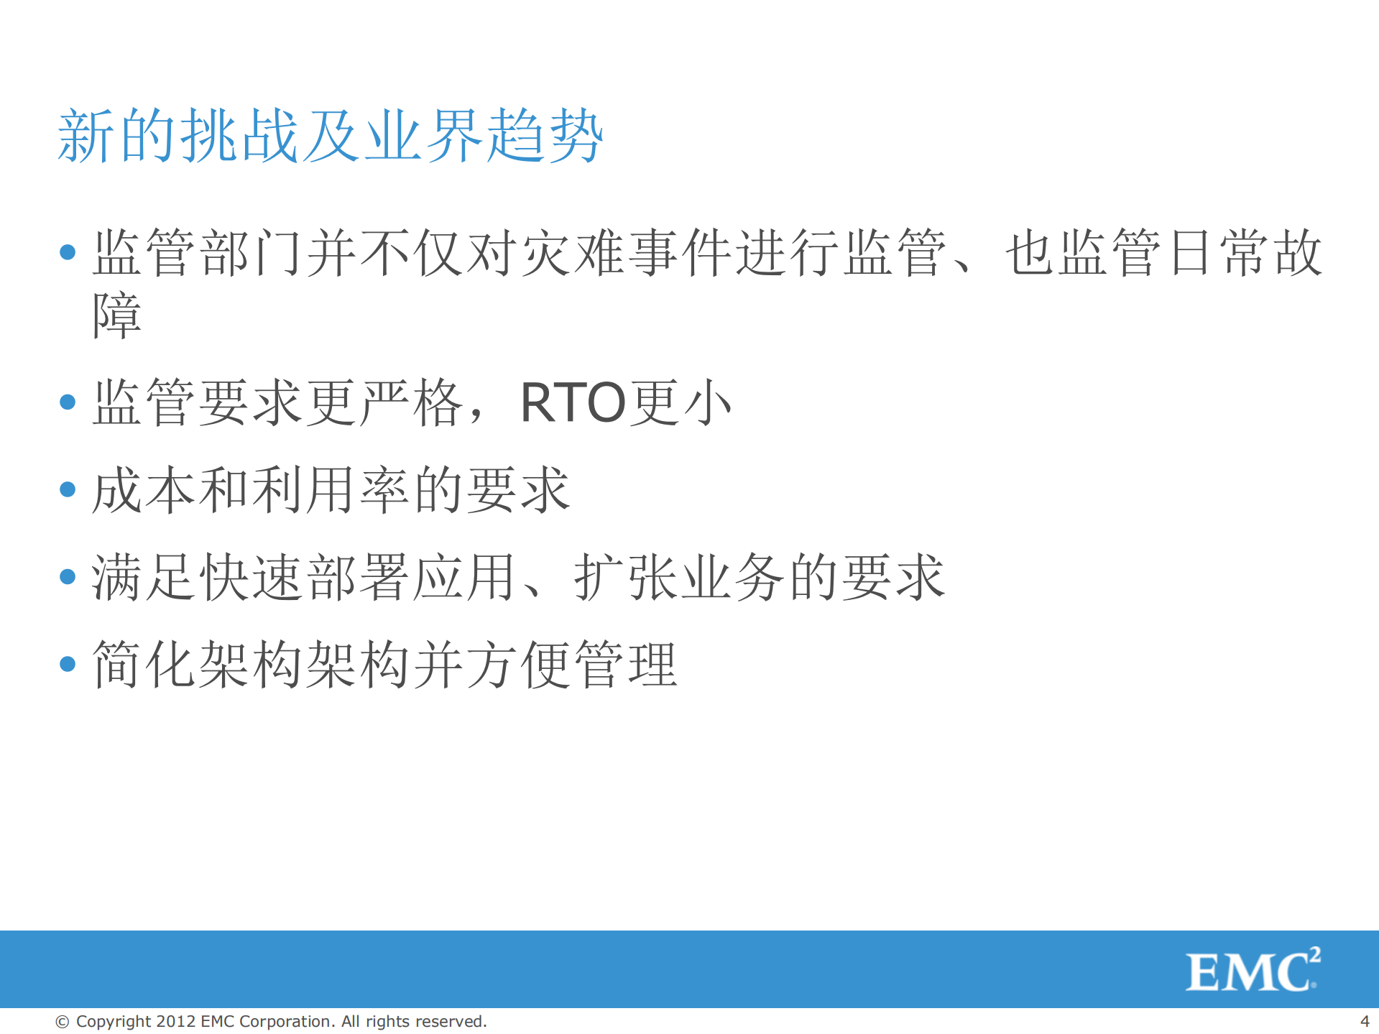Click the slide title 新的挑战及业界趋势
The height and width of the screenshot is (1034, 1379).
[330, 136]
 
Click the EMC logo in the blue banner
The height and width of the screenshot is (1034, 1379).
[1251, 971]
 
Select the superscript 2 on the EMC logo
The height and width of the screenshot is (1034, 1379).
[1314, 954]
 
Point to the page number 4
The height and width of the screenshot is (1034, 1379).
[1364, 1021]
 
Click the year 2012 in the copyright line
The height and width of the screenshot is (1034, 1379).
[176, 1021]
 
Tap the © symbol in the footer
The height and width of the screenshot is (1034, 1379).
[63, 1021]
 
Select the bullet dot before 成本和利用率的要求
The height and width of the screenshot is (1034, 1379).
[68, 490]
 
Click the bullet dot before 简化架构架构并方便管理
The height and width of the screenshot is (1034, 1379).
[68, 664]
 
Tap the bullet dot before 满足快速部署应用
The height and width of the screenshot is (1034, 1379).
[68, 577]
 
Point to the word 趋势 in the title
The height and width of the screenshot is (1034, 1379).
[544, 136]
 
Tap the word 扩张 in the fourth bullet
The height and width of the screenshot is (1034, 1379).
[626, 577]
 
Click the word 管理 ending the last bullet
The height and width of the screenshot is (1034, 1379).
[626, 664]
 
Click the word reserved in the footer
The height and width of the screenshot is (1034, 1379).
[450, 1021]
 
